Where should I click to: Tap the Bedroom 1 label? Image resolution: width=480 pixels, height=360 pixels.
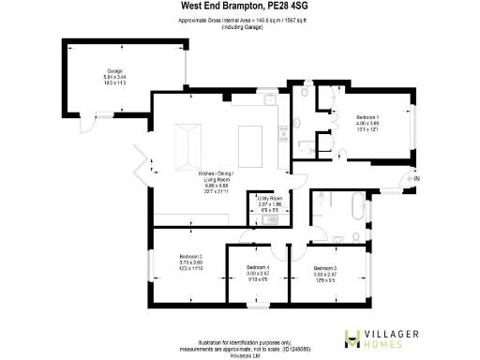[x=367, y=117]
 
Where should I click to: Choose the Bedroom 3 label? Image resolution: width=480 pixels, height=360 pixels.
[x=325, y=267]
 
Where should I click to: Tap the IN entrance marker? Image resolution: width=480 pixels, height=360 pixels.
[x=417, y=178]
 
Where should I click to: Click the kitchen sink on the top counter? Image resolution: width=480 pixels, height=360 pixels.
[x=269, y=102]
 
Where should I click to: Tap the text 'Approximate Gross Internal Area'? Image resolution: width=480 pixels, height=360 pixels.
[x=216, y=19]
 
